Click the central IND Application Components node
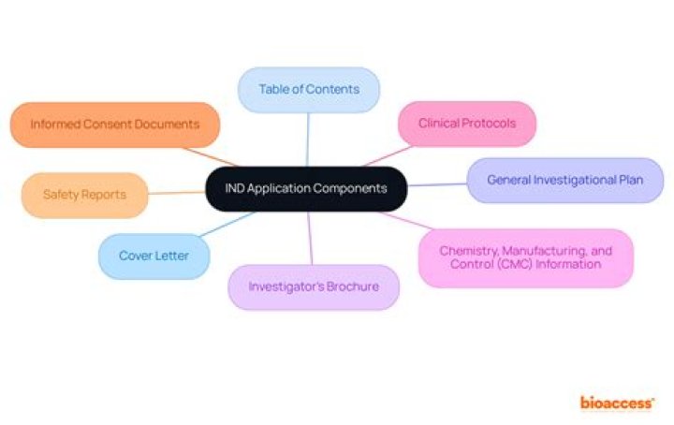point(306,188)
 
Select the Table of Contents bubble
point(309,89)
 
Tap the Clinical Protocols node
point(465,123)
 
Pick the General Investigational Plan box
point(564,180)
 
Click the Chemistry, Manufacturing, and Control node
point(525,257)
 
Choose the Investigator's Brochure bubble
point(314,286)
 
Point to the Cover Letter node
point(153,256)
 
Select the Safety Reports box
point(84,195)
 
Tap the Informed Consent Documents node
point(114,124)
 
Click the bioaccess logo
point(617,403)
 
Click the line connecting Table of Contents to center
point(308,139)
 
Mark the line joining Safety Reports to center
point(178,193)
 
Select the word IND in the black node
point(237,188)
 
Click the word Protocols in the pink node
point(488,123)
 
